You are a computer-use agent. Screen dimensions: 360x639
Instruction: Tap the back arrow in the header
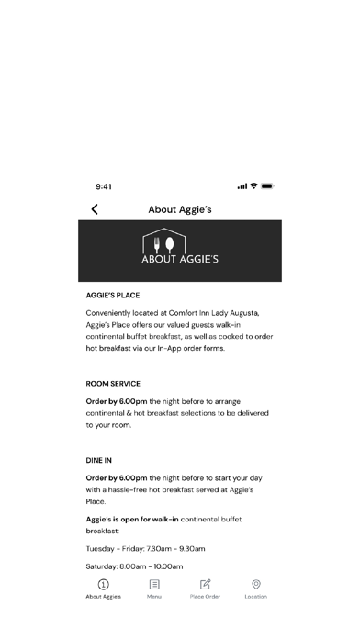[x=95, y=209]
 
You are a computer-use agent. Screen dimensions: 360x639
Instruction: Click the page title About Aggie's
[x=180, y=209]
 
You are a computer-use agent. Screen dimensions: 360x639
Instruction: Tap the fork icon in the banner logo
[x=156, y=244]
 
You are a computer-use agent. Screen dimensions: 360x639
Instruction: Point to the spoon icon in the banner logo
[x=170, y=244]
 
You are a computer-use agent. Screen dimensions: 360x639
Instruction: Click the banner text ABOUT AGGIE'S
[x=180, y=259]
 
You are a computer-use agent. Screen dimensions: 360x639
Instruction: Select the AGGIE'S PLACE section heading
[x=113, y=297]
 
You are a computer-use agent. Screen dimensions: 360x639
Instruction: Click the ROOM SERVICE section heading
[x=113, y=383]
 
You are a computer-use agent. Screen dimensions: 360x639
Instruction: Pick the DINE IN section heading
[x=99, y=460]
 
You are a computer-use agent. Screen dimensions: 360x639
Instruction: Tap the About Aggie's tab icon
[x=104, y=584]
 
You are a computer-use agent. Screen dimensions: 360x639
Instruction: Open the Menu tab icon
[x=154, y=584]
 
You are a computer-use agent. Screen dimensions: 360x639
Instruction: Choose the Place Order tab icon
[x=206, y=584]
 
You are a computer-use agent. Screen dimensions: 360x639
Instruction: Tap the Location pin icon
[x=256, y=584]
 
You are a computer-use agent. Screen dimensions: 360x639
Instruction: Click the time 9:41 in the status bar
[x=104, y=186]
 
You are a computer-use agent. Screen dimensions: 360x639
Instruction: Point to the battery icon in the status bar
[x=267, y=186]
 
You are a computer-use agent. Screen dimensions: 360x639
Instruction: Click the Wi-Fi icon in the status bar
[x=253, y=186]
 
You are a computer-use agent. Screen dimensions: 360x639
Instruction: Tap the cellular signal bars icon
[x=242, y=186]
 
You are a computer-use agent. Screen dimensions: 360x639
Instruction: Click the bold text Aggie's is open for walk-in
[x=132, y=520]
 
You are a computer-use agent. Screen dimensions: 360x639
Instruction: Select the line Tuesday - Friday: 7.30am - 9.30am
[x=145, y=548]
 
